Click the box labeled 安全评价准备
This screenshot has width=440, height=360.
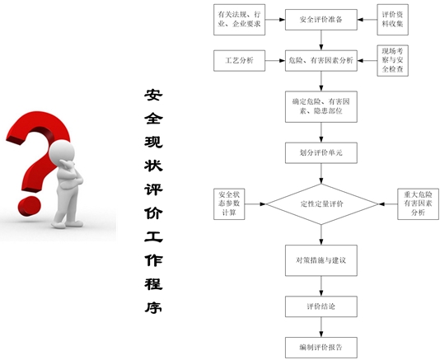321,20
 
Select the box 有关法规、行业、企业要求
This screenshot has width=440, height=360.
239,20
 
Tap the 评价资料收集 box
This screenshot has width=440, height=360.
392,20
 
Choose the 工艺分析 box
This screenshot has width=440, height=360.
239,61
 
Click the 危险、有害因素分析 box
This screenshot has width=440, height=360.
321,61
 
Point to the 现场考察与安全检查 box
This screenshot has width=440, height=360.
392,61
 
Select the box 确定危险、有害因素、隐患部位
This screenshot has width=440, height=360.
321,106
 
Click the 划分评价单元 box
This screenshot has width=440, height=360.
321,153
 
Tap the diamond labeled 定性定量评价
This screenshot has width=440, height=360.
322,204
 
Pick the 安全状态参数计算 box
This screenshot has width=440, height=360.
229,204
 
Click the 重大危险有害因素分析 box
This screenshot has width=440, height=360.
418,204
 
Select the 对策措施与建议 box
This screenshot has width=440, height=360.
321,260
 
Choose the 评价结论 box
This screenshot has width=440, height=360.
321,306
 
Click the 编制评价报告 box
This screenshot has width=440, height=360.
321,348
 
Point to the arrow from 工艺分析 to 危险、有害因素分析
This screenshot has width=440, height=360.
275,61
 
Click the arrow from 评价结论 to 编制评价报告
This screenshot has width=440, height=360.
321,327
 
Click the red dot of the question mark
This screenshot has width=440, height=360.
30,206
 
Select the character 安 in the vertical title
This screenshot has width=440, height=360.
153,95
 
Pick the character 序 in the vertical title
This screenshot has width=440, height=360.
153,307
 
